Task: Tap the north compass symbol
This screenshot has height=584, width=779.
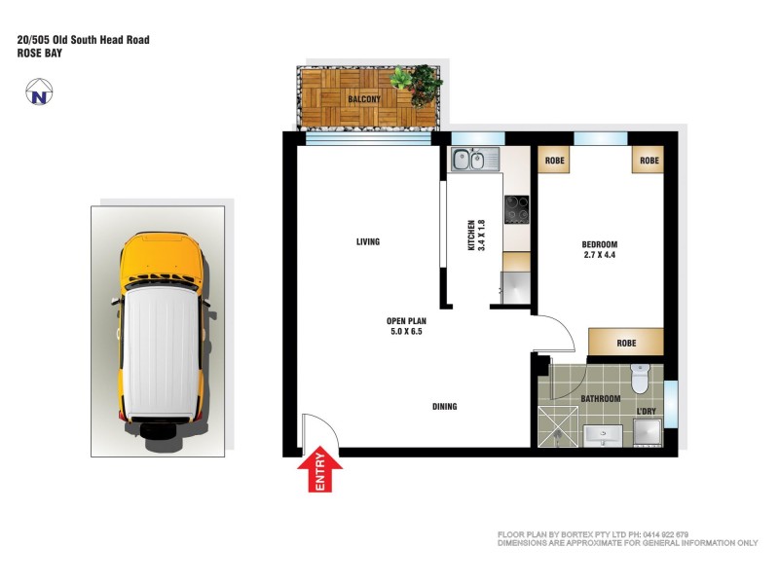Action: tap(39, 94)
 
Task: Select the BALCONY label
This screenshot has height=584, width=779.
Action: tap(364, 98)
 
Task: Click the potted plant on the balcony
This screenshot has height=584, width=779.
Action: tap(416, 84)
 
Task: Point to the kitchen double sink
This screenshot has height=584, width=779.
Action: tap(473, 159)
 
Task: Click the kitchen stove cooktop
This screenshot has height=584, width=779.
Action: tap(516, 208)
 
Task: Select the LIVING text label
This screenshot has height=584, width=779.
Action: tap(367, 242)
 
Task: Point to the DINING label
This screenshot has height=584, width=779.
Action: tap(445, 407)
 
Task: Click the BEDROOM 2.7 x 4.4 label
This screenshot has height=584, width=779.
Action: tap(599, 250)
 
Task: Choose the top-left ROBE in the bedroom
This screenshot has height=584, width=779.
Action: tap(555, 160)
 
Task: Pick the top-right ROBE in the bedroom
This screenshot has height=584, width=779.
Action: tap(649, 160)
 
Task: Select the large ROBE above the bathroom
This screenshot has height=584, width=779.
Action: tap(626, 343)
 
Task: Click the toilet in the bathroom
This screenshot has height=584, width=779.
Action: tap(640, 378)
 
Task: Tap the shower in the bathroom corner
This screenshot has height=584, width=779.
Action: tap(557, 426)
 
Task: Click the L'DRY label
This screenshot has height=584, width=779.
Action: tap(646, 413)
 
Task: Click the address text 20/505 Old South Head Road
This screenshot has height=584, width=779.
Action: tap(83, 40)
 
